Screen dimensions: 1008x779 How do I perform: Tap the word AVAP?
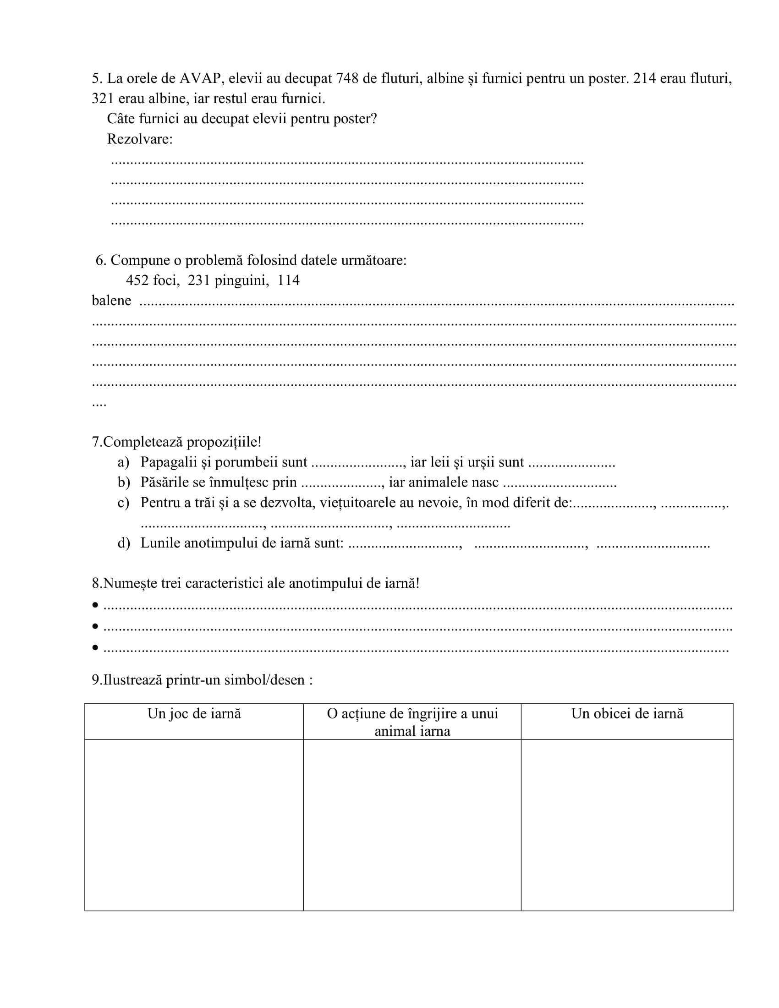[200, 78]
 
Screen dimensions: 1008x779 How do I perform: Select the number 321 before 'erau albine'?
[103, 99]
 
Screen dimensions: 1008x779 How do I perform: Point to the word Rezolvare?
[139, 139]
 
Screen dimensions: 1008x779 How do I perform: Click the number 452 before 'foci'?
[137, 280]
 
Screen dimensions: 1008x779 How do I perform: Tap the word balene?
[111, 301]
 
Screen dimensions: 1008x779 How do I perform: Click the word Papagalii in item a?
[170, 462]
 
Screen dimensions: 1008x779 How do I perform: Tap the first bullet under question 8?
[95, 605]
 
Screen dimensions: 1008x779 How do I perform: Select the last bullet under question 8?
[95, 647]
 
